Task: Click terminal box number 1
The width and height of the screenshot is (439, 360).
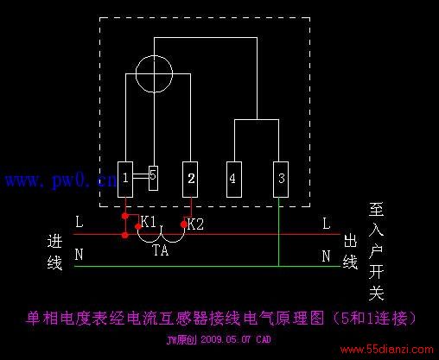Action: point(125,180)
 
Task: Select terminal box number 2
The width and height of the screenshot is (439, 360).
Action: point(190,180)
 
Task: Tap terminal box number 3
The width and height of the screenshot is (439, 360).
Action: point(281,180)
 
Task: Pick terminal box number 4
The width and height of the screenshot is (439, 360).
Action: point(234,180)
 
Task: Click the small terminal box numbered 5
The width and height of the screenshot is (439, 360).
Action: point(153,178)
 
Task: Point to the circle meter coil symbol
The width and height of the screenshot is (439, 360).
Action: point(154,55)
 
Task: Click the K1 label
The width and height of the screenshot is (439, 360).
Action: point(149,222)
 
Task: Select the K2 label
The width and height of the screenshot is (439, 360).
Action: point(195,224)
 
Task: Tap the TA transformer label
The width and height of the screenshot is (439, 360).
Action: point(161,250)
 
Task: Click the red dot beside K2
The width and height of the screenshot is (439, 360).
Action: point(184,224)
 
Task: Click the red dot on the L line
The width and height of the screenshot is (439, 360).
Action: point(124,236)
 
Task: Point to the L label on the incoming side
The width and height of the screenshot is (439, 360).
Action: point(80,222)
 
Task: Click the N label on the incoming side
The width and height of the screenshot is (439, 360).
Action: point(79,255)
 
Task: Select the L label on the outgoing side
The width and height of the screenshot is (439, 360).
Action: point(326,224)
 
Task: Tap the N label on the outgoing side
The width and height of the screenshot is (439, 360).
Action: point(326,256)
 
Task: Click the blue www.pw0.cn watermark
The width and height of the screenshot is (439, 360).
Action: point(61,180)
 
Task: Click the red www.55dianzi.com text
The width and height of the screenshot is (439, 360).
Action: point(387,350)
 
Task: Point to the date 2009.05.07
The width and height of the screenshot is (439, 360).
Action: point(226,339)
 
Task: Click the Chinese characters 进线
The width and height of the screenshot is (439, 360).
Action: point(54,252)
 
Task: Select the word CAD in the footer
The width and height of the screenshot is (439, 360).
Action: point(264,339)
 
